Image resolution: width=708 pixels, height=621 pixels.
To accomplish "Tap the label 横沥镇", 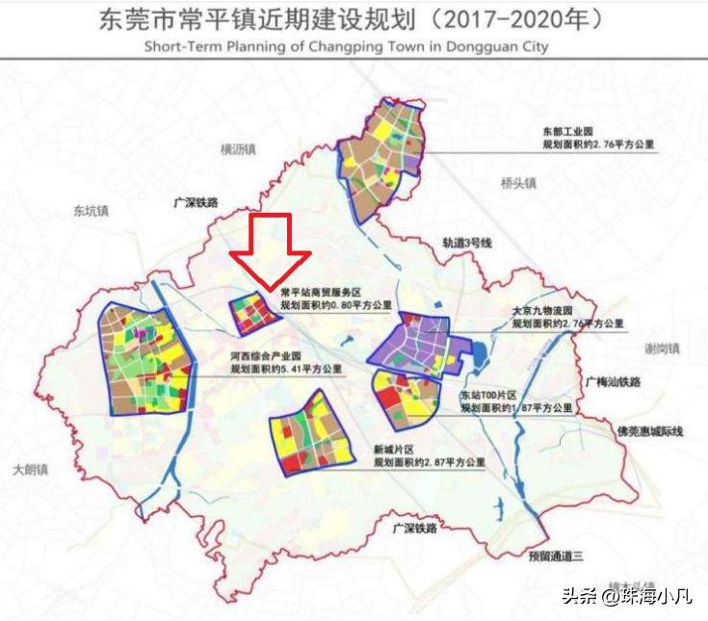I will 238,149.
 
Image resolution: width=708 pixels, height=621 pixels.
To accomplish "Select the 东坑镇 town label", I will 92,209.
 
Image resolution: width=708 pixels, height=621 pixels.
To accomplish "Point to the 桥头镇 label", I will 518,183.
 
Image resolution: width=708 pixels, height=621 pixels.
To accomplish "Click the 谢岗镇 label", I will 663,348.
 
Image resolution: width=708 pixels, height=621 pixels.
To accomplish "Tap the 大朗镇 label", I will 31,469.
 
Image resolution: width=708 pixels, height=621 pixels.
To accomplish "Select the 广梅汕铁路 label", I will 612,381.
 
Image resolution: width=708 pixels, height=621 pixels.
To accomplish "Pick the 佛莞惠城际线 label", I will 649,431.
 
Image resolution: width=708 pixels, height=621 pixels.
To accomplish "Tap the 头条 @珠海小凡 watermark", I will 635,596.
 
